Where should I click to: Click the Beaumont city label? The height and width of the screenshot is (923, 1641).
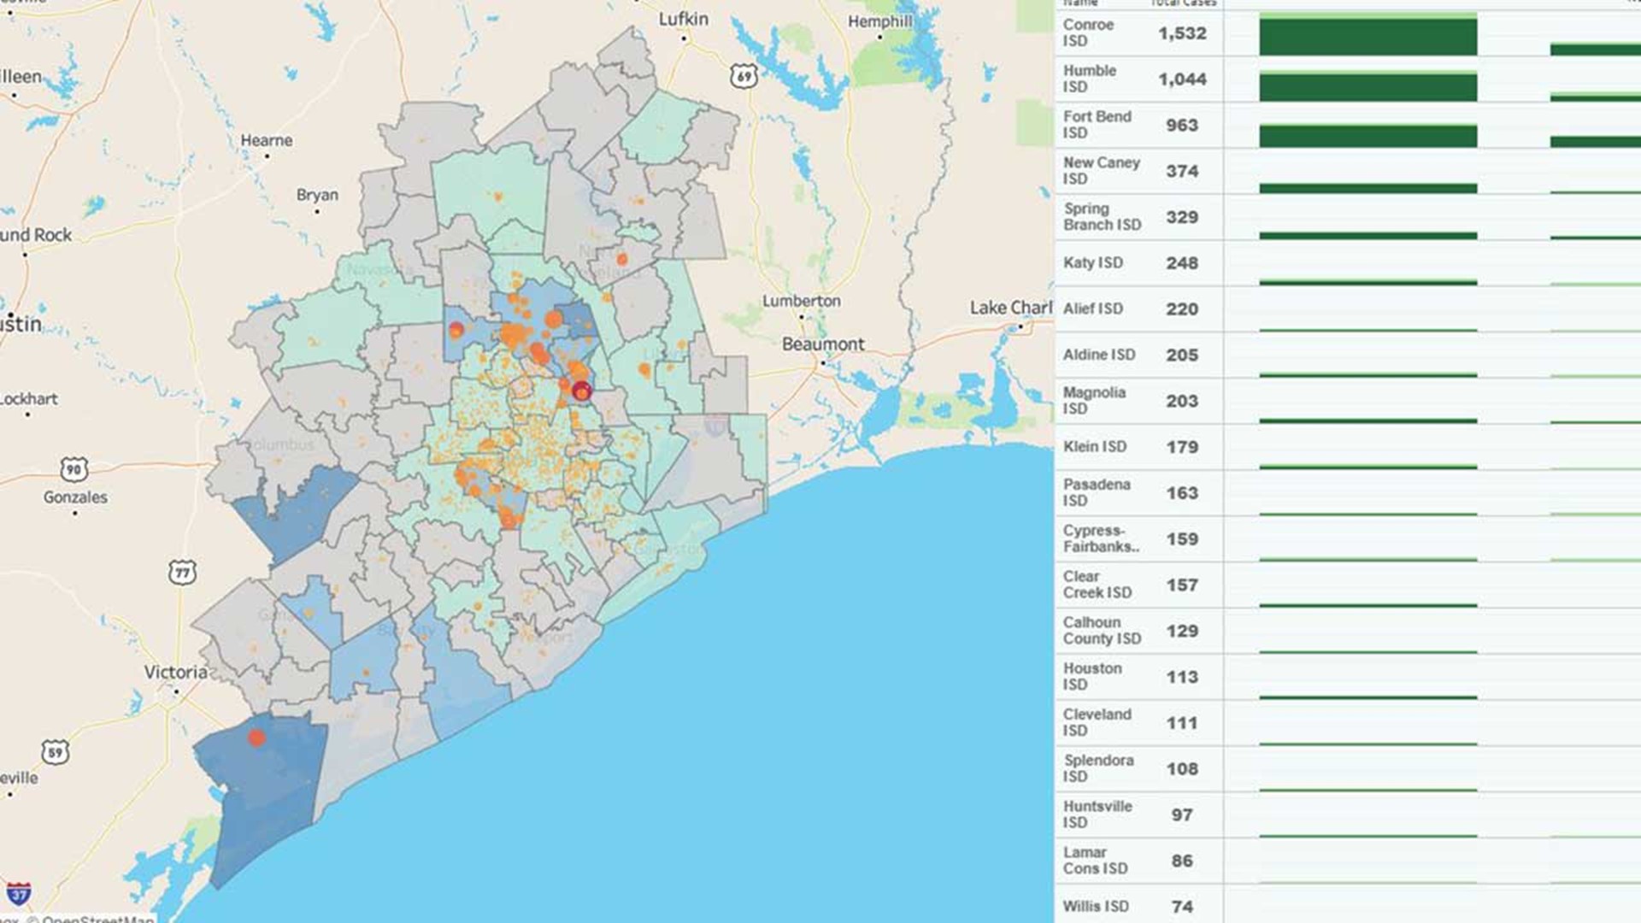(x=822, y=344)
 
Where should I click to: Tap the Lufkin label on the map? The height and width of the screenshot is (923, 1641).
(x=683, y=19)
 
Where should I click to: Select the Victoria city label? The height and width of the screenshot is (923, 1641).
(x=175, y=673)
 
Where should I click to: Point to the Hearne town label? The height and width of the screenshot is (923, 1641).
(x=266, y=140)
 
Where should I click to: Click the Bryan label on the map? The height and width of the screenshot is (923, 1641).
(x=317, y=195)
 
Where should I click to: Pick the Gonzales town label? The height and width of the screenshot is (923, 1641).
(x=75, y=497)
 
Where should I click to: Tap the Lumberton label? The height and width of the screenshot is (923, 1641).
(x=801, y=301)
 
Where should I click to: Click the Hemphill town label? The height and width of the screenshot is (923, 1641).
(x=879, y=21)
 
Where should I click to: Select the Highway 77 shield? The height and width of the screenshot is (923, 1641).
(x=182, y=572)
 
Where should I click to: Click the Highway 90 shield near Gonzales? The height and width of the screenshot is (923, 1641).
(x=74, y=469)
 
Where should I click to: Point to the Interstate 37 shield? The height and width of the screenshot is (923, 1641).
(x=19, y=894)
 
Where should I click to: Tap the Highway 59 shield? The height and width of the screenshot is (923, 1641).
(x=56, y=752)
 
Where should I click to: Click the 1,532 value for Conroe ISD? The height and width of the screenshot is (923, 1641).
(x=1182, y=33)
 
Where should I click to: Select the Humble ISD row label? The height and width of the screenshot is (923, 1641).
(x=1089, y=79)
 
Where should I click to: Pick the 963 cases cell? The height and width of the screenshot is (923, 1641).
(x=1182, y=126)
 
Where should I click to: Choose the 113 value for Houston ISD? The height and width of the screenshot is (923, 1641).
(x=1182, y=678)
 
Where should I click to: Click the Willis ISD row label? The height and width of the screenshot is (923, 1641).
(x=1095, y=906)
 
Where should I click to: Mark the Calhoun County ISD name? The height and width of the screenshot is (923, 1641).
(x=1101, y=631)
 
